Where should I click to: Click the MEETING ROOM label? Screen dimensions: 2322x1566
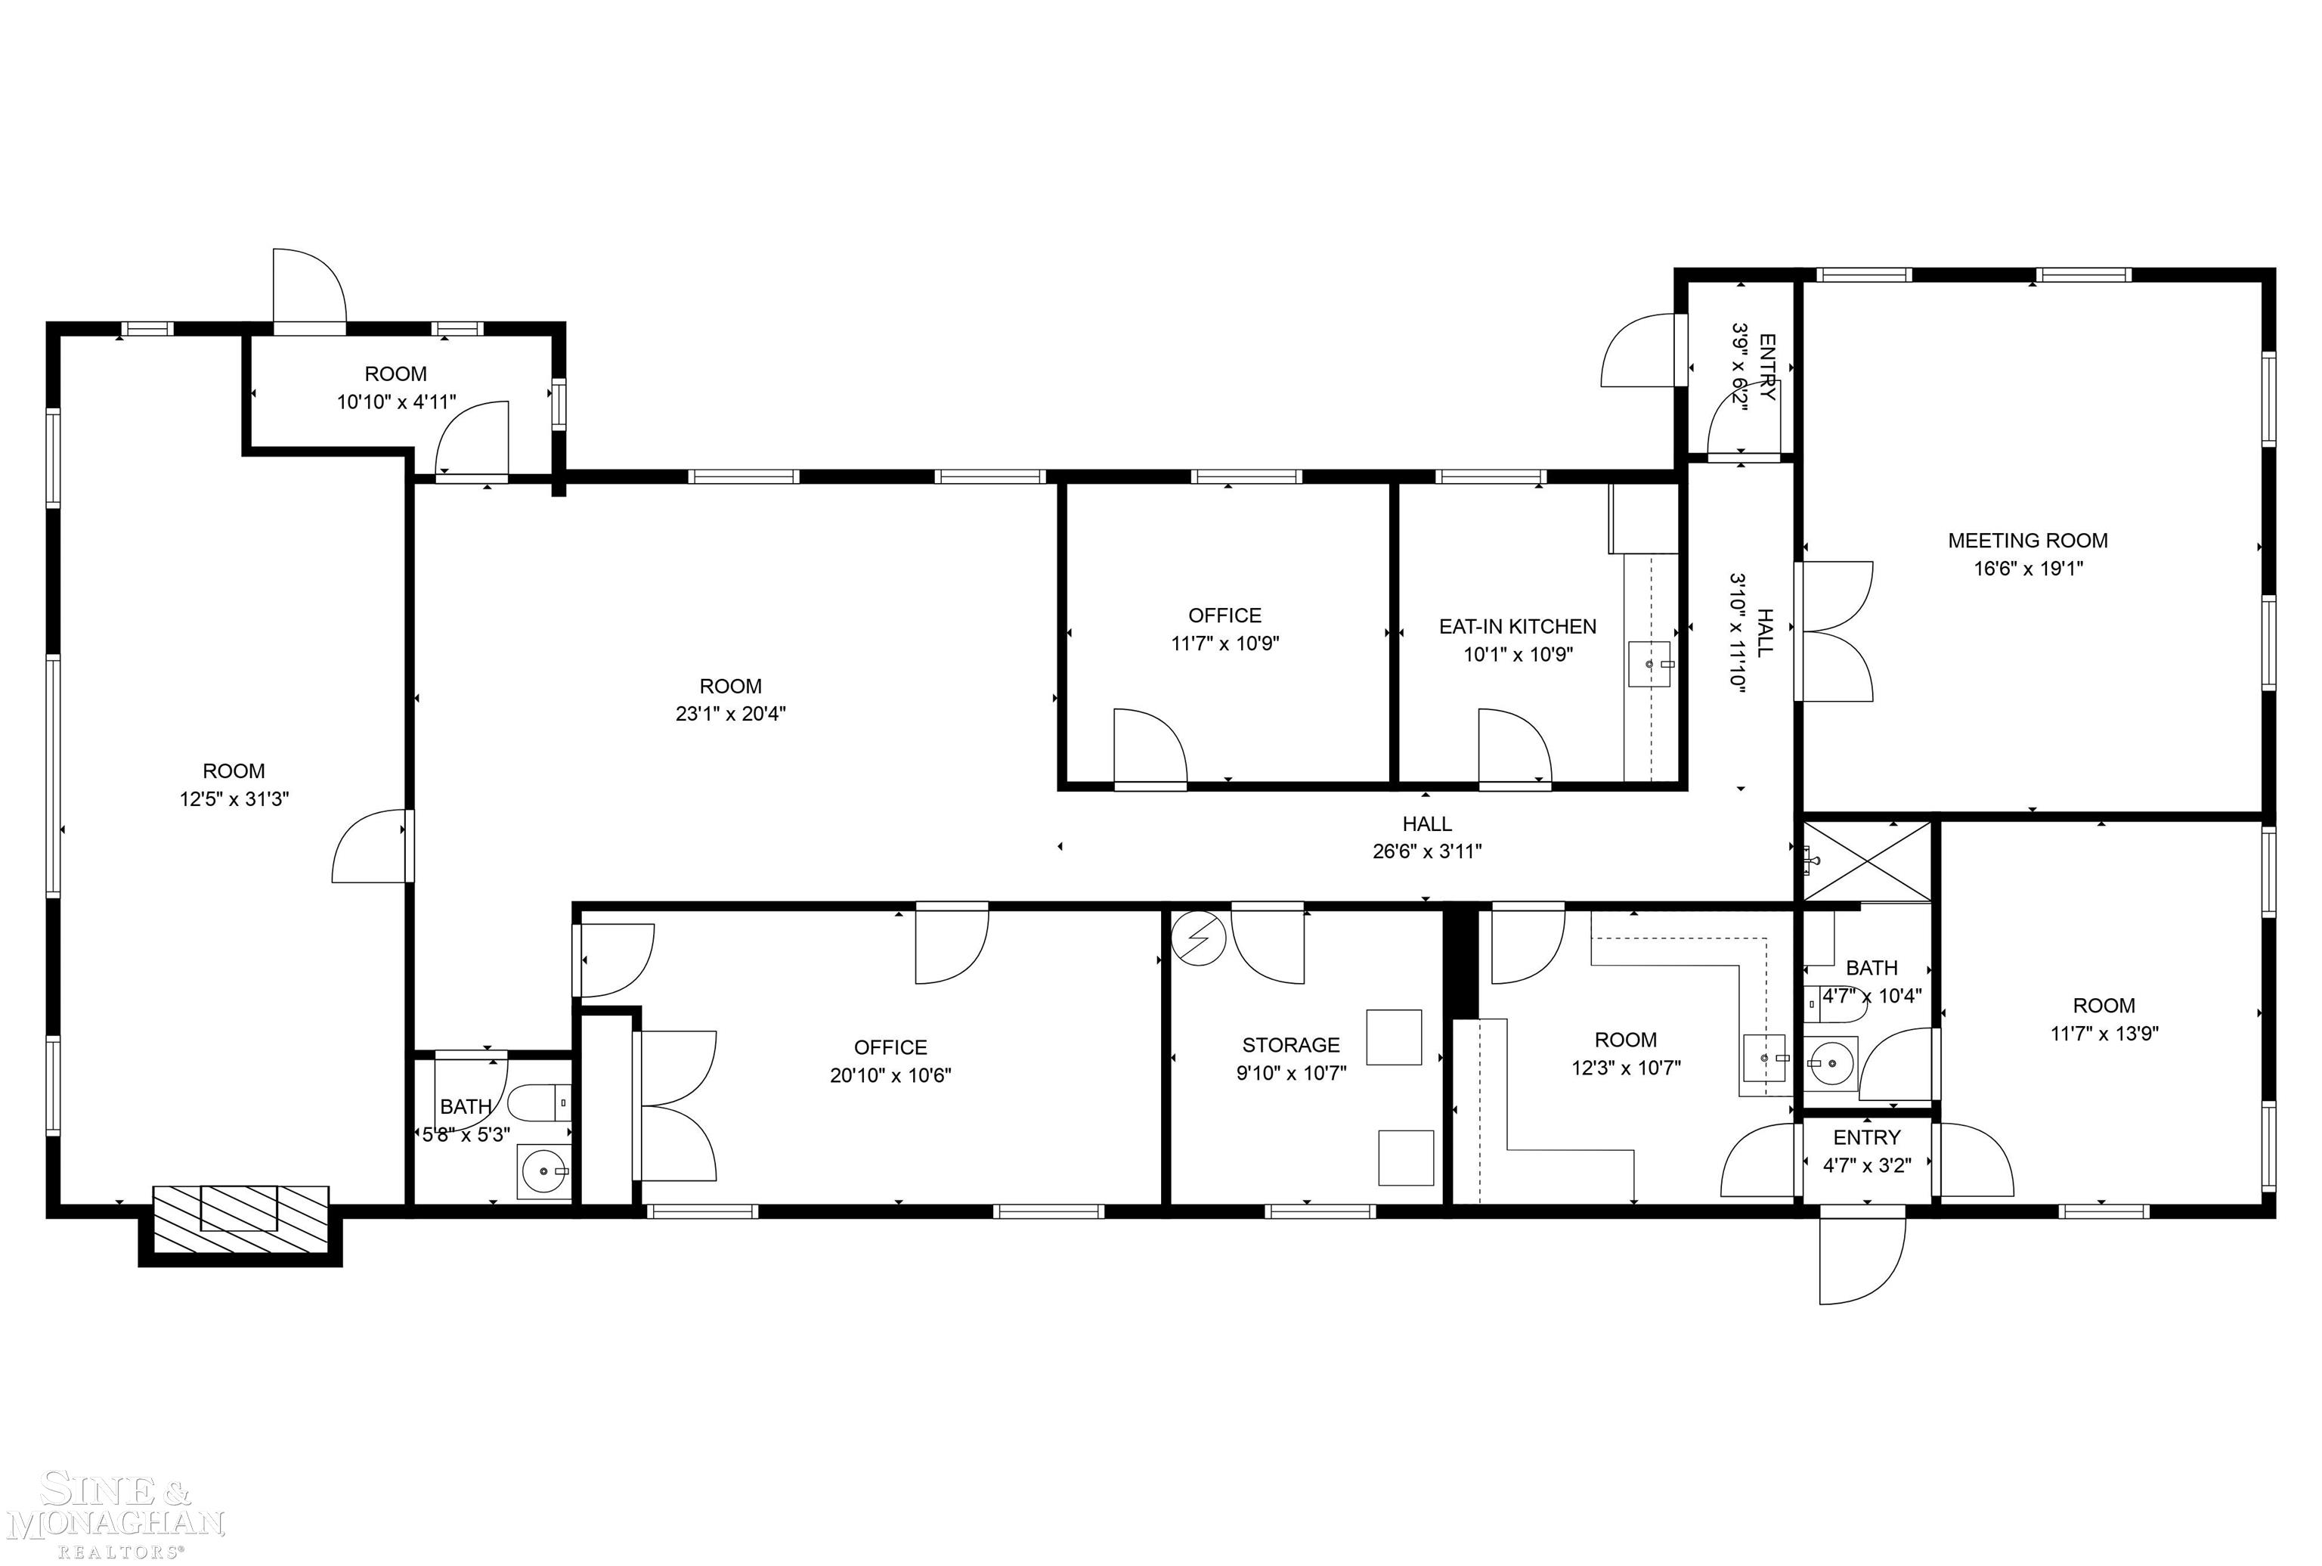2027,541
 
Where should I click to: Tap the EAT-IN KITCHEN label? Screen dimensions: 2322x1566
1517,626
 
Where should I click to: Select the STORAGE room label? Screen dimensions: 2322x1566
1291,1045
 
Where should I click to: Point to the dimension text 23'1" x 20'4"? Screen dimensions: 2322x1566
731,714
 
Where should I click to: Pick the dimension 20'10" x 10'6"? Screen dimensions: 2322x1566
890,1075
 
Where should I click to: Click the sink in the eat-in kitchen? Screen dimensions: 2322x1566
1649,664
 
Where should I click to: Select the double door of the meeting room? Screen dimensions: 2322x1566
1834,631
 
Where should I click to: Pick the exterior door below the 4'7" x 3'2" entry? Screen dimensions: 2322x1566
1862,1255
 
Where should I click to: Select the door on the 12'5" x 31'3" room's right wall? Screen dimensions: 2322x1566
371,846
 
